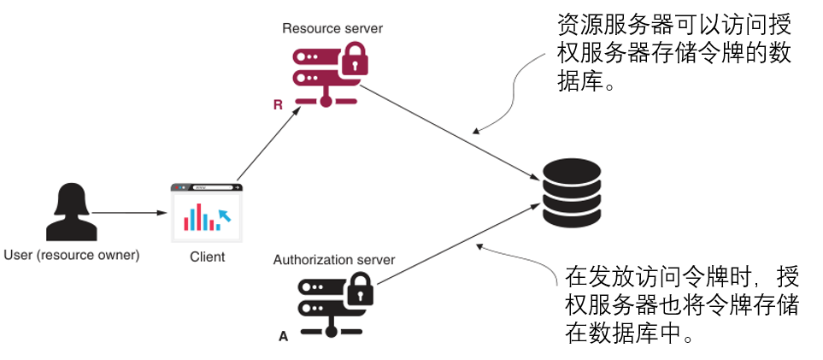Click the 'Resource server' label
[332, 28]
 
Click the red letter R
[278, 105]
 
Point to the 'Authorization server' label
[333, 259]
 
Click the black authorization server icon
[328, 305]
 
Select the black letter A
[284, 337]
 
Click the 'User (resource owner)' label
[72, 255]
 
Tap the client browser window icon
[206, 210]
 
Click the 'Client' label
[207, 257]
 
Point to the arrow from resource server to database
[453, 129]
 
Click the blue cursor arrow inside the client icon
[224, 214]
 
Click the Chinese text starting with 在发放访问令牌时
[682, 304]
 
